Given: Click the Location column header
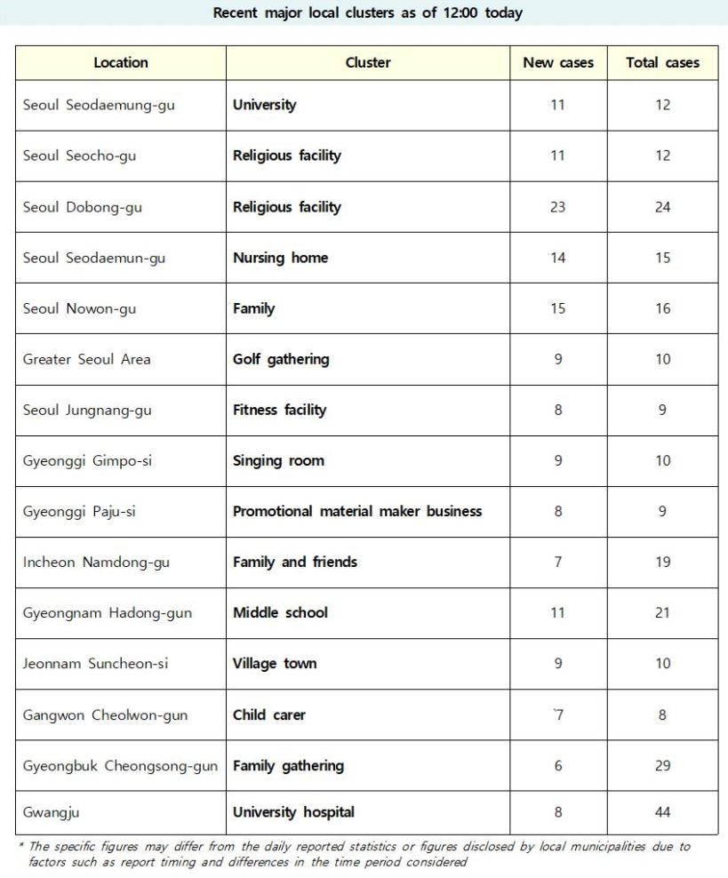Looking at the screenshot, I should pyautogui.click(x=121, y=63).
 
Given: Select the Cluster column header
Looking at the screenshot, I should pyautogui.click(x=368, y=63).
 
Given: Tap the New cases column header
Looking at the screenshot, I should pyautogui.click(x=558, y=63).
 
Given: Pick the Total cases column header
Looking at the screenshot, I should pyautogui.click(x=662, y=63).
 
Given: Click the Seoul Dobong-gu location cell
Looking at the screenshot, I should pyautogui.click(x=83, y=207).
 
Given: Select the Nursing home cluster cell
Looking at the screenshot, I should pyautogui.click(x=280, y=258).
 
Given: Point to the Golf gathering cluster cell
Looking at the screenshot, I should pyautogui.click(x=281, y=359).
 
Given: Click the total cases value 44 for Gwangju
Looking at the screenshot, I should pyautogui.click(x=662, y=812).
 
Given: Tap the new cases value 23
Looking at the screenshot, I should pyautogui.click(x=558, y=207).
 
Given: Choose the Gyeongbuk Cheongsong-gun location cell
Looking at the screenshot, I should pyautogui.click(x=120, y=766).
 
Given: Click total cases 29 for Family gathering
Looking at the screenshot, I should pyautogui.click(x=662, y=766).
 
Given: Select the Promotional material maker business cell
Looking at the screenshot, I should pyautogui.click(x=357, y=511).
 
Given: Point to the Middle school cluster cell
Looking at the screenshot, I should pyautogui.click(x=280, y=612).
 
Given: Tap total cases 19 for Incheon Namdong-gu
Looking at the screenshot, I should pyautogui.click(x=662, y=562).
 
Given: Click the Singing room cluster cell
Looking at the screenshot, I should pyautogui.click(x=278, y=460).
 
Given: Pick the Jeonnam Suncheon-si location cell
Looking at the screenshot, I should pyautogui.click(x=95, y=664).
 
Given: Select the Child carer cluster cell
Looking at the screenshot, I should pyautogui.click(x=268, y=715).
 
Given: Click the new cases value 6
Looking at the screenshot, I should pyautogui.click(x=558, y=766).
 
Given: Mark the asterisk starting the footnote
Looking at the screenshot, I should pyautogui.click(x=20, y=846).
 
